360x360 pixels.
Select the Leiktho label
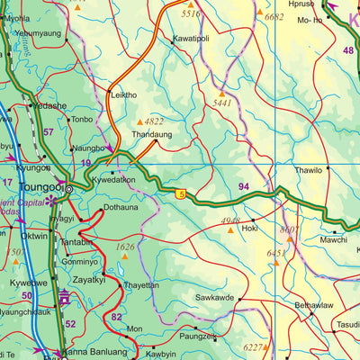[123, 94]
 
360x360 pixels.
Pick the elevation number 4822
[155, 121]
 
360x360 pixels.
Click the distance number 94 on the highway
[244, 186]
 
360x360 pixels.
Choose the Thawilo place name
[308, 169]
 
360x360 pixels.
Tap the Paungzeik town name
[198, 337]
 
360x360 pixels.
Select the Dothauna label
[121, 207]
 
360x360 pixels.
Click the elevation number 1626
[124, 246]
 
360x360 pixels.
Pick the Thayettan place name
[140, 284]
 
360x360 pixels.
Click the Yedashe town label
[49, 105]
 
